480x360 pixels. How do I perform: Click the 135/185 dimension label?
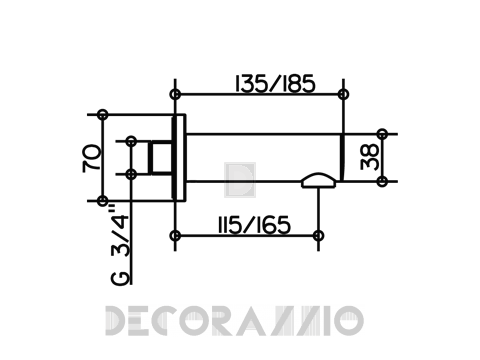point(275,83)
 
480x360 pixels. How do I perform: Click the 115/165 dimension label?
point(254,225)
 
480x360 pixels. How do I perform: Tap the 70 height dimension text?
point(92,158)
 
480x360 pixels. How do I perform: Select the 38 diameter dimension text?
point(370,157)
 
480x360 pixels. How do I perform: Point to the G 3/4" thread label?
point(120,246)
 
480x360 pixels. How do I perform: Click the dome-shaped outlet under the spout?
point(318,180)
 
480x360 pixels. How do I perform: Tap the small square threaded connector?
point(161,158)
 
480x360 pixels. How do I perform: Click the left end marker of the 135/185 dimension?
point(175,94)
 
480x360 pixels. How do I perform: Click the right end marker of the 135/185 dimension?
point(343,94)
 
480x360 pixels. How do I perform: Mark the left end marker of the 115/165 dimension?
point(175,236)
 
